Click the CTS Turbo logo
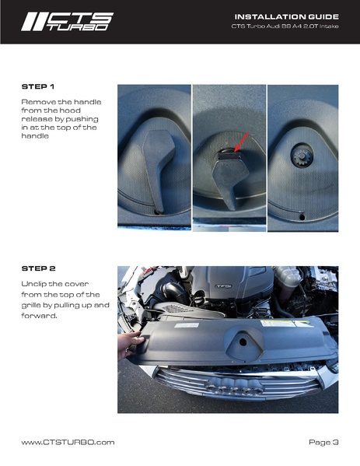tap(68, 22)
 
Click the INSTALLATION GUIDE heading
tap(287, 16)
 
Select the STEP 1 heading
tap(38, 87)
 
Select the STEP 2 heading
tap(38, 268)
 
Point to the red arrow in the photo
tap(241, 142)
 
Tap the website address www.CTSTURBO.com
tap(68, 442)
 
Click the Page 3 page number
tap(323, 442)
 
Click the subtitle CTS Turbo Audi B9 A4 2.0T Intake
tap(285, 26)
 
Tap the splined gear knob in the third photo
tap(302, 156)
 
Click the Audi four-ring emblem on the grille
tap(235, 387)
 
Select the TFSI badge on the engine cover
tap(223, 286)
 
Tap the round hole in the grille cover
tap(243, 342)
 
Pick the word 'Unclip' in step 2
tap(33, 284)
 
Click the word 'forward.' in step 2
tap(39, 316)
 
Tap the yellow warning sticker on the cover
tap(287, 324)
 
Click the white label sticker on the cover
tap(187, 325)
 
